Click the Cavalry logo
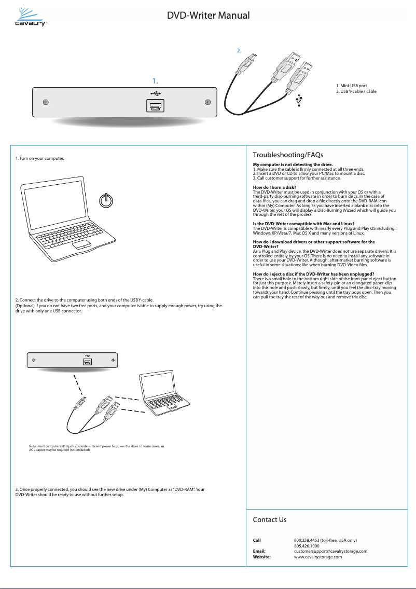[31, 17]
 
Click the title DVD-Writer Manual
[208, 15]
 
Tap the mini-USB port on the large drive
[155, 106]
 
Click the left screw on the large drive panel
[46, 102]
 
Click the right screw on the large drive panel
[207, 102]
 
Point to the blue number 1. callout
[155, 81]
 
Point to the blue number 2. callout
[239, 51]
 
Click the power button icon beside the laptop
[106, 200]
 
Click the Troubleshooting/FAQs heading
[288, 155]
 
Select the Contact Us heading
[269, 519]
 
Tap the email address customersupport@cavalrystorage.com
[330, 551]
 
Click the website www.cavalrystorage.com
[317, 557]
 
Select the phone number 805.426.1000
[307, 546]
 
